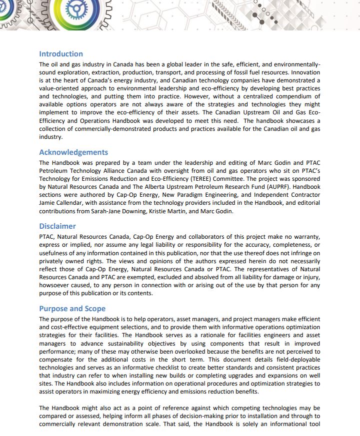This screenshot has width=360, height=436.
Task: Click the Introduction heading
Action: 61,54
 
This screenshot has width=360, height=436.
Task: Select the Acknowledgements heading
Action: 73,152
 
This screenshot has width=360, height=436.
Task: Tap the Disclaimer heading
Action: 57,226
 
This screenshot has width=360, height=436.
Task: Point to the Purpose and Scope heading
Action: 72,309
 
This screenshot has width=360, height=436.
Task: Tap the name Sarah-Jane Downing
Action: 185,211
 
